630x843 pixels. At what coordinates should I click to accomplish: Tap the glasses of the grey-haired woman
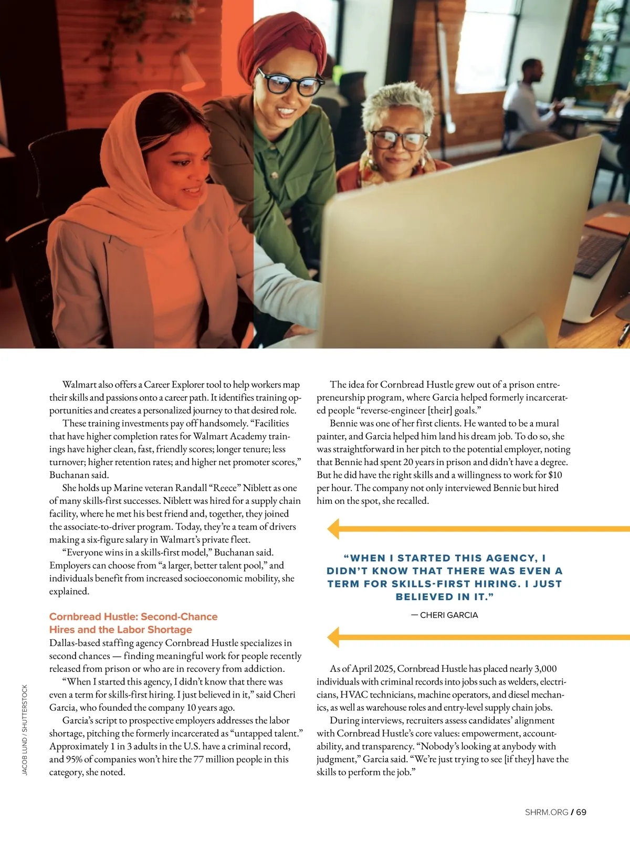click(x=399, y=139)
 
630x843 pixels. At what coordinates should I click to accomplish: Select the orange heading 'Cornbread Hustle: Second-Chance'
click(x=133, y=617)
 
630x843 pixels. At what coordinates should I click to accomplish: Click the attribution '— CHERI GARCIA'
click(x=444, y=615)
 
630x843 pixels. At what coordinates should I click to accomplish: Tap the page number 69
click(x=581, y=812)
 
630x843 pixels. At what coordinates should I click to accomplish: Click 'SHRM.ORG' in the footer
click(x=547, y=812)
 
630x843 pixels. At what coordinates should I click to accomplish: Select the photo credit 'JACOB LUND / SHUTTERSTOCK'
click(x=25, y=730)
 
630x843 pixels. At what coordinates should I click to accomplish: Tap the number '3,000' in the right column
click(x=545, y=669)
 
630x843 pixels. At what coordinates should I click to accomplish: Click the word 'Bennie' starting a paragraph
click(x=343, y=424)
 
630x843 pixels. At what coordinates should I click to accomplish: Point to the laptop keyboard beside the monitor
click(x=598, y=252)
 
